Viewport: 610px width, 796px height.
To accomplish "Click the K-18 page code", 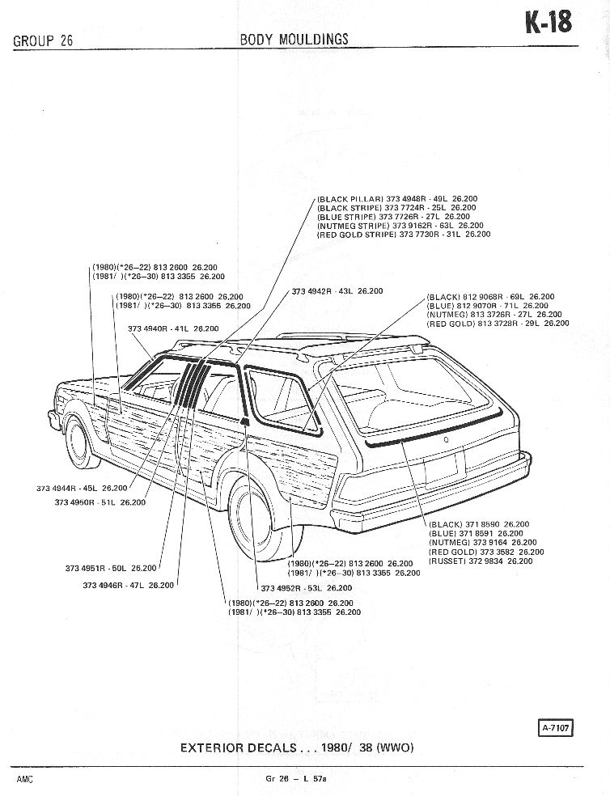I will [x=549, y=23].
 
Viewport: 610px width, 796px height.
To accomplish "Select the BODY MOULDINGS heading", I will [x=294, y=39].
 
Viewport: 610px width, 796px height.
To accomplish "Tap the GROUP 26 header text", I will [x=43, y=41].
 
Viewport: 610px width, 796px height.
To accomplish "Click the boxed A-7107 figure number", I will [x=554, y=727].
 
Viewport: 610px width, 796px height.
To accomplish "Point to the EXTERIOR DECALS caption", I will [x=297, y=747].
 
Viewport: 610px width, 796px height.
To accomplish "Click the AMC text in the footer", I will [x=24, y=778].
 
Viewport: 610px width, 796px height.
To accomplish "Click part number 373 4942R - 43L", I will [x=337, y=290].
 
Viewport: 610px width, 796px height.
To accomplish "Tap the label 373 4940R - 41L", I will [x=172, y=328].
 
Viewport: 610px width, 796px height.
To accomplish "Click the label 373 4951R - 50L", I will [x=111, y=568].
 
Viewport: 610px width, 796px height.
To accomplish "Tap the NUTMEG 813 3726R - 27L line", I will [x=494, y=315].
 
